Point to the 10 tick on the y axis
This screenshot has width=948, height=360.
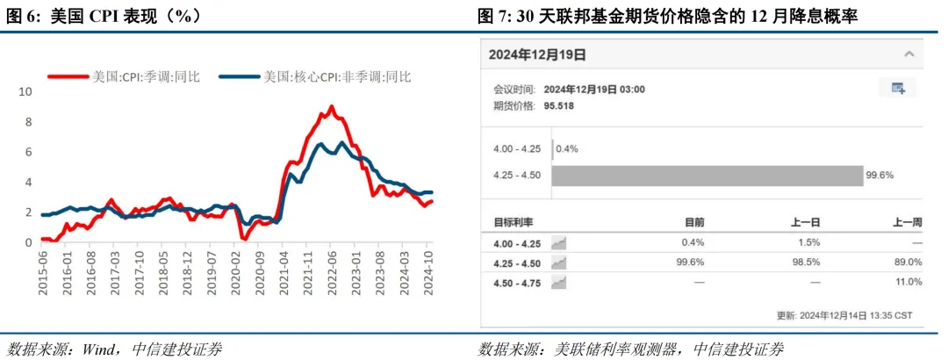tap(25, 91)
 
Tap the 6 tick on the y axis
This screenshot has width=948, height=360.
tap(28, 152)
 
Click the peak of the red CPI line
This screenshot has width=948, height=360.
tap(331, 107)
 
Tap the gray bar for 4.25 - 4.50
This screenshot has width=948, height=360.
tap(707, 176)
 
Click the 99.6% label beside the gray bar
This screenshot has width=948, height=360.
tap(880, 176)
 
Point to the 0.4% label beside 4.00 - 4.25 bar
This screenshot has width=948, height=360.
tap(567, 148)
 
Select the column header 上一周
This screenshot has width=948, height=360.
tap(907, 223)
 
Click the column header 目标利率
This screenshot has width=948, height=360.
tap(514, 223)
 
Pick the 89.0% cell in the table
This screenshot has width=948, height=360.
tap(908, 263)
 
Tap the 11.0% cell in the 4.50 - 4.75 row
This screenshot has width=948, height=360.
tap(908, 282)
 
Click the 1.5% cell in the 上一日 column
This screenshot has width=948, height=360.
tap(808, 242)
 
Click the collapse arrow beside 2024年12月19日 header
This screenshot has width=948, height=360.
tap(908, 54)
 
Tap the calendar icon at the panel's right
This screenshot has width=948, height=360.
tap(898, 88)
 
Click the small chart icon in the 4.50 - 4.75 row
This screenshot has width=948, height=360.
tap(558, 282)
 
